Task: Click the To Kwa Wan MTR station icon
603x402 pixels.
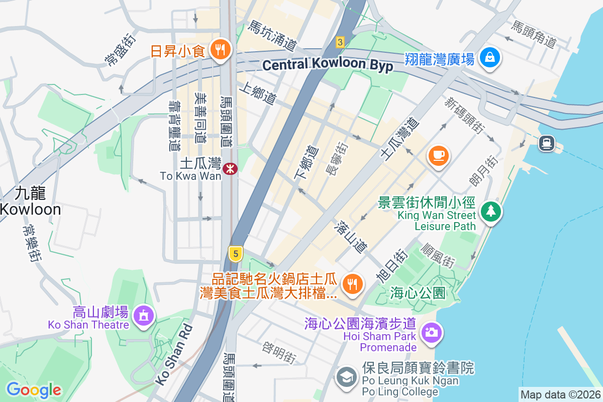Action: click(x=231, y=169)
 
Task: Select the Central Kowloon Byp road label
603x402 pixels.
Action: click(x=328, y=65)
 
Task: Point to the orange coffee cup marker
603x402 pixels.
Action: click(x=438, y=155)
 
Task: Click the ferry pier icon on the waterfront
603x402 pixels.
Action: click(x=546, y=143)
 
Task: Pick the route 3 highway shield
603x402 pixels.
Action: click(x=340, y=42)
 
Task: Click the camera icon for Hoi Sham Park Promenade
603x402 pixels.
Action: click(x=431, y=332)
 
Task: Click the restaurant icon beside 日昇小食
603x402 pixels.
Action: click(x=219, y=50)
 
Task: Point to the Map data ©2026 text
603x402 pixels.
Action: click(x=560, y=394)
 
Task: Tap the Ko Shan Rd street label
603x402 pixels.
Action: click(x=173, y=355)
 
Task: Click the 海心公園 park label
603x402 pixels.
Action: click(x=418, y=293)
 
